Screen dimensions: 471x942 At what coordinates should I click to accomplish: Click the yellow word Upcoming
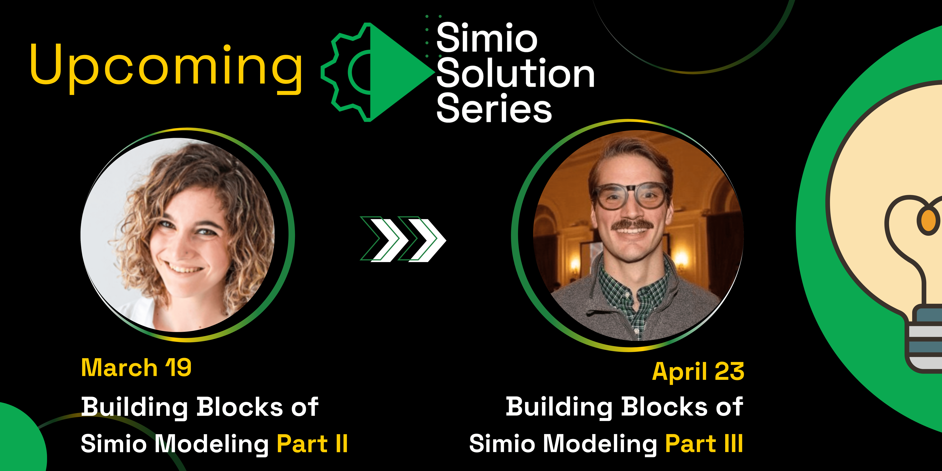point(166,66)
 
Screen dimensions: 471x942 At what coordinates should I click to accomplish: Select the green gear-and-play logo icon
point(377,72)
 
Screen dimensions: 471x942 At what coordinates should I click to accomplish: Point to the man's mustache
point(632,224)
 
